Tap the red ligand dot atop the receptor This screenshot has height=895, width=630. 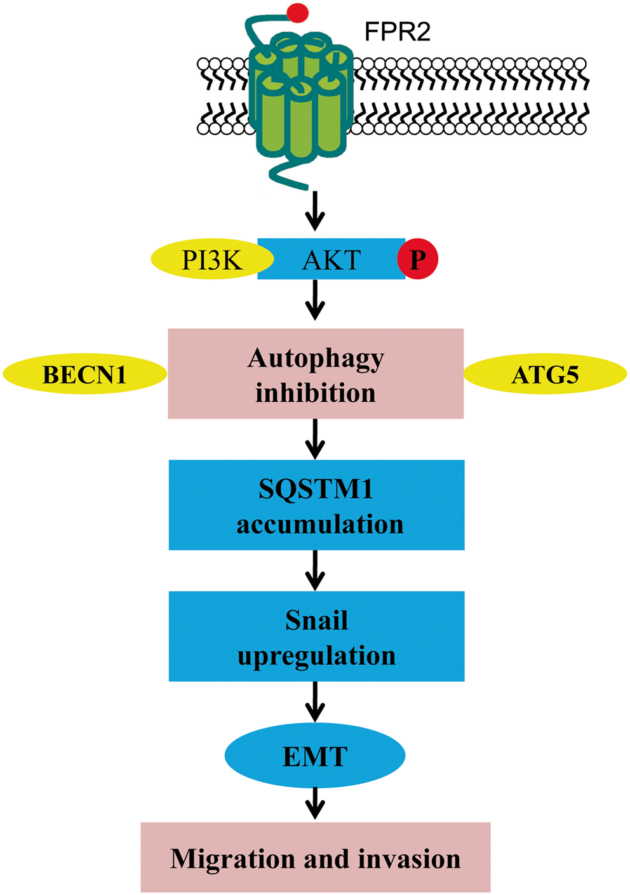pyautogui.click(x=298, y=12)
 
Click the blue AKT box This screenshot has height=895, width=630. pyautogui.click(x=330, y=260)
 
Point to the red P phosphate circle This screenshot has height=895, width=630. pyautogui.click(x=417, y=260)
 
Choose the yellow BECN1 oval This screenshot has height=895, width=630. pyautogui.click(x=84, y=375)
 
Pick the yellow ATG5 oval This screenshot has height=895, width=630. pyautogui.click(x=545, y=375)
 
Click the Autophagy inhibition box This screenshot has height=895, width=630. pyautogui.click(x=316, y=374)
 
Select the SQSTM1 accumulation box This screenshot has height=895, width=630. pyautogui.click(x=316, y=505)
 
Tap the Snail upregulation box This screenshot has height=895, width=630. pyautogui.click(x=316, y=636)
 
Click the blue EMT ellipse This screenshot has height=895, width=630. pyautogui.click(x=315, y=757)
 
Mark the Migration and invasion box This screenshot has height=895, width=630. pyautogui.click(x=316, y=858)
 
